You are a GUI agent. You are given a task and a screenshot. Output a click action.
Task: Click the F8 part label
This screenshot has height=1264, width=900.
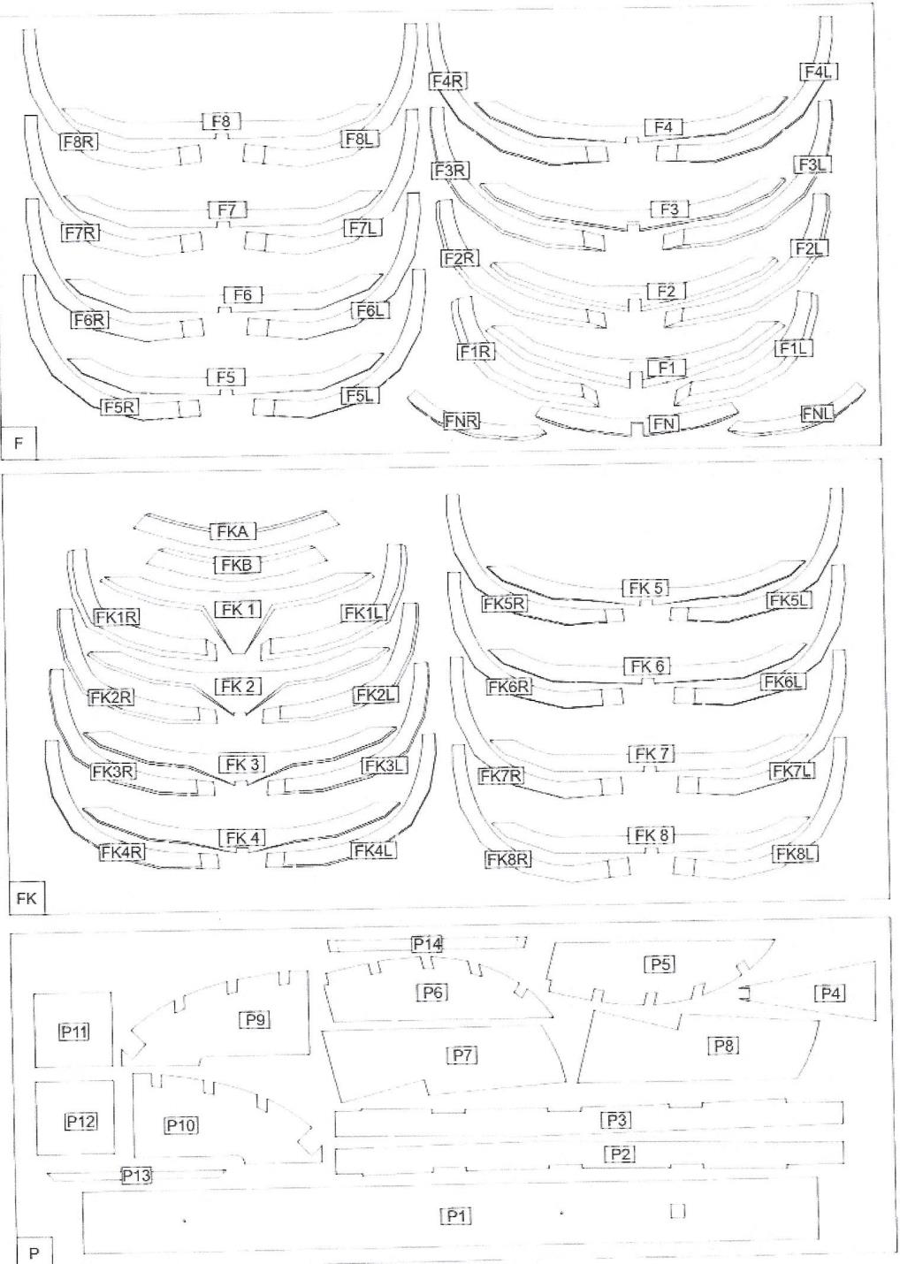221,121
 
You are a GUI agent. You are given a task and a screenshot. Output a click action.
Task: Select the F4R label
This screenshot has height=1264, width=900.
447,81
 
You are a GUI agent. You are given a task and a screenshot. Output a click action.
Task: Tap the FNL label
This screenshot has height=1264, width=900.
817,413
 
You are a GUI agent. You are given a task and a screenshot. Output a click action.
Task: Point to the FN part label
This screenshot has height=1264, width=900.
665,423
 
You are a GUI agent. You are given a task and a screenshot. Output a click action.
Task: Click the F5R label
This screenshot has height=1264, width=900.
119,407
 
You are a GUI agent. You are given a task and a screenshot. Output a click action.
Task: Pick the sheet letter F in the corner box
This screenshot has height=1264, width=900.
19,443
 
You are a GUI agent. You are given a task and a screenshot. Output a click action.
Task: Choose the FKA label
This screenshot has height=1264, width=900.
233,531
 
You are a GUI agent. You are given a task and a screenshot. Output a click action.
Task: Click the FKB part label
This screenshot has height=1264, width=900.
237,564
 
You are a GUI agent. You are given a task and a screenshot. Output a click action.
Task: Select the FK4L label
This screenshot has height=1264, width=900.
373,850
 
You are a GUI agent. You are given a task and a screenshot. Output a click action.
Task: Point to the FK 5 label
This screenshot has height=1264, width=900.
647,588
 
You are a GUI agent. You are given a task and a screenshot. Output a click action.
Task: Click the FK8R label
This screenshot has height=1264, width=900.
507,858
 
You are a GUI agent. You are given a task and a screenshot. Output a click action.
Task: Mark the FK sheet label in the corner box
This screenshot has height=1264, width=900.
26,898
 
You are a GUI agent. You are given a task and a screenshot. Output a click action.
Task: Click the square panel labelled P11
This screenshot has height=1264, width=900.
73,1031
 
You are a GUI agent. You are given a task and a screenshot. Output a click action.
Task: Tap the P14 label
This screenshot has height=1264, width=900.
427,943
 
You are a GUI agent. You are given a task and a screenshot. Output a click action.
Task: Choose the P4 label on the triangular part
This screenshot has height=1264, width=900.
829,993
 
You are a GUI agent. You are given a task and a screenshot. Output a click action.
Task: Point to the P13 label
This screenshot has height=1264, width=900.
136,1175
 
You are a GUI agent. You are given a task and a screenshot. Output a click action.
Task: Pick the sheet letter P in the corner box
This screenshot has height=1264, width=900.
34,1253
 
